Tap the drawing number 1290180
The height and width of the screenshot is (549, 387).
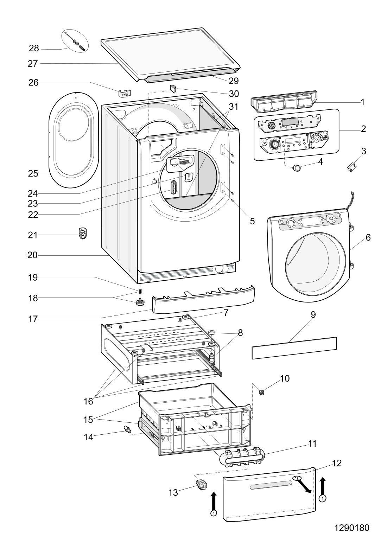(351, 528)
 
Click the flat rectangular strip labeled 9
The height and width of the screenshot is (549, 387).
(294, 348)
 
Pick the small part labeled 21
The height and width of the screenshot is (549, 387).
(82, 234)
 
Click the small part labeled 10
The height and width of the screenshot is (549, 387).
(262, 392)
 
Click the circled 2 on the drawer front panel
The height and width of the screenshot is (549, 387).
(297, 478)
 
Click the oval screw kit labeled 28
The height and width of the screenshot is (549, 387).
(76, 41)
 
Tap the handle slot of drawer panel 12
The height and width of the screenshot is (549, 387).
(270, 486)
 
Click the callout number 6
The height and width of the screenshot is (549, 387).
(368, 237)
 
